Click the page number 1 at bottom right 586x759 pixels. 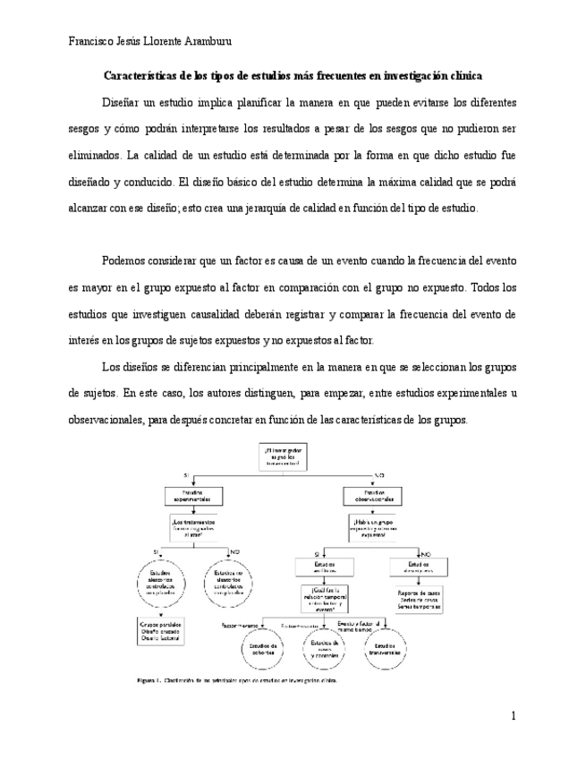(x=514, y=715)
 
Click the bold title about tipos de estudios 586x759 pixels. (x=293, y=76)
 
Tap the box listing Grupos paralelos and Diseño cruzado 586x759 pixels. (x=161, y=630)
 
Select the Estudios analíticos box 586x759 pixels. (x=323, y=567)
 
